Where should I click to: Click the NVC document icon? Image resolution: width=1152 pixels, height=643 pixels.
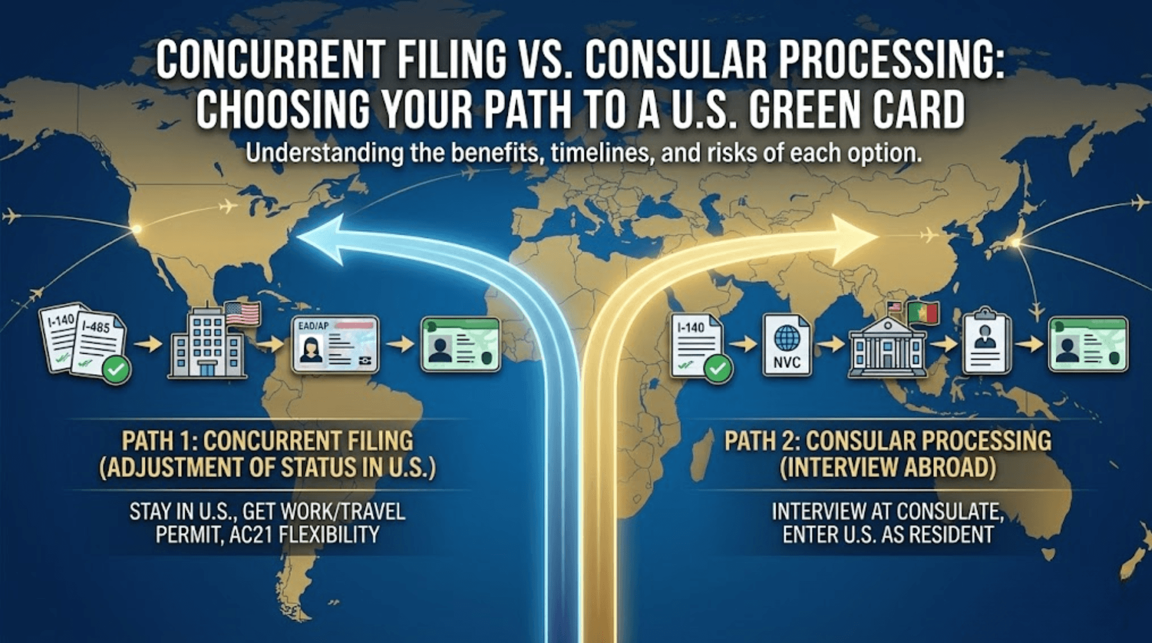point(786,345)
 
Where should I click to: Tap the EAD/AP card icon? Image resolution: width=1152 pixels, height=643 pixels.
point(335,344)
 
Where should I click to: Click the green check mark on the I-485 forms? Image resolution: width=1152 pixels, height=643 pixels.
point(116,370)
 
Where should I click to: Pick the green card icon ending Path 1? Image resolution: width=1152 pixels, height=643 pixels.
point(461,345)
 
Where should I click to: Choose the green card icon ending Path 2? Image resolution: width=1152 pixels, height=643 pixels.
point(1088,345)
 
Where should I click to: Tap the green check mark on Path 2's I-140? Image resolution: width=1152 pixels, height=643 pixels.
point(718,369)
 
